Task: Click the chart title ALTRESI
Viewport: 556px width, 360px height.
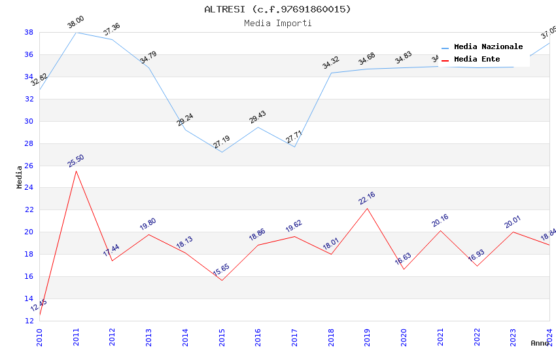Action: coord(277,9)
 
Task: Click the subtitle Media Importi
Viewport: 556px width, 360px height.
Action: coord(277,23)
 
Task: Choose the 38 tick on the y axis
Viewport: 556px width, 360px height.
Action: coord(29,32)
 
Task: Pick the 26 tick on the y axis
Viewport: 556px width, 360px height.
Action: coord(29,166)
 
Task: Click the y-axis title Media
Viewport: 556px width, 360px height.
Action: coord(20,177)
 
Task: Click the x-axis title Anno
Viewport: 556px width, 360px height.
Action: coord(540,343)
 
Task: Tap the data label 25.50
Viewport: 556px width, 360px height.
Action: coord(76,161)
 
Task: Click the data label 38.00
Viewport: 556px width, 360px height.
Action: coord(76,22)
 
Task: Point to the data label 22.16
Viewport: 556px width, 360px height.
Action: coord(367,198)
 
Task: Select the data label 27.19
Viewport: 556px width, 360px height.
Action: coord(222,142)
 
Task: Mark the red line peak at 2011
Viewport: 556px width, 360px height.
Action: coord(76,171)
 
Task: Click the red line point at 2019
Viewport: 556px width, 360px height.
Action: coord(368,208)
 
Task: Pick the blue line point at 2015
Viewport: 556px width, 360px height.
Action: coord(222,153)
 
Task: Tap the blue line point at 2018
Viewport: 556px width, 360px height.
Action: coord(331,73)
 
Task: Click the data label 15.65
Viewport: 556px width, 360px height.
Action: coord(222,270)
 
